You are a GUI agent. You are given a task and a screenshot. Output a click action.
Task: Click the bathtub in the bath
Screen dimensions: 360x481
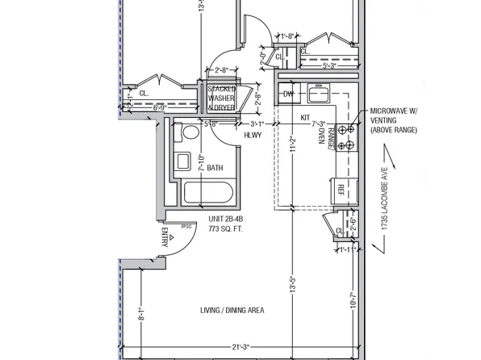208,194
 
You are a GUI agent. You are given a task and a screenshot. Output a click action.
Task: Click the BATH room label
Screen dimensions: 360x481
215,168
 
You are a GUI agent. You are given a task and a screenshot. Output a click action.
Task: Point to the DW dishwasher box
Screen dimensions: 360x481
288,94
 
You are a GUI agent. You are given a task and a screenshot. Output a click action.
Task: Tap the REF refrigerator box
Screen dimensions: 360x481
341,190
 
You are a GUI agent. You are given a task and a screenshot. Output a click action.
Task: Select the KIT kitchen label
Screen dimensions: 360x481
306,118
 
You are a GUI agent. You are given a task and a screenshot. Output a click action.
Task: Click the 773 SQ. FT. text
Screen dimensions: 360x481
226,229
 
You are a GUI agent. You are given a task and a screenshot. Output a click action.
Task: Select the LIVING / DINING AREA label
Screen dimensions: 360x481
232,310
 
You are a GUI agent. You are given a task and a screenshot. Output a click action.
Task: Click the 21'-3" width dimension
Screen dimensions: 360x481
240,347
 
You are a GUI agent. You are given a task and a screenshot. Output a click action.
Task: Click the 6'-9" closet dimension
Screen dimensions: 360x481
158,107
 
